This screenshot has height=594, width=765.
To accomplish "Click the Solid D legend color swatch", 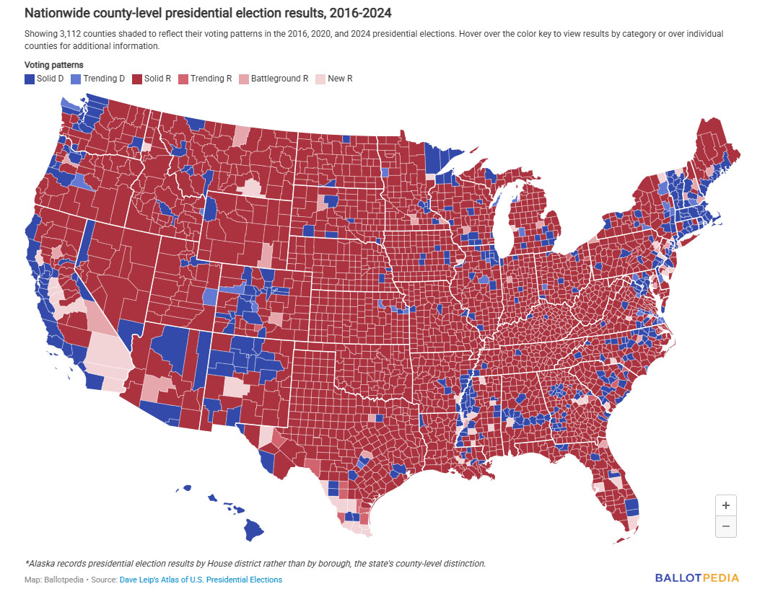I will point(30,79).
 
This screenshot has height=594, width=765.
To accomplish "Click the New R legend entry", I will point(340,79).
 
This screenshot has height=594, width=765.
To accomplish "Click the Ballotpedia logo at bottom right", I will point(697,577).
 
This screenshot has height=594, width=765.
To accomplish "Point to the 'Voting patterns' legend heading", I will point(53,65).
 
